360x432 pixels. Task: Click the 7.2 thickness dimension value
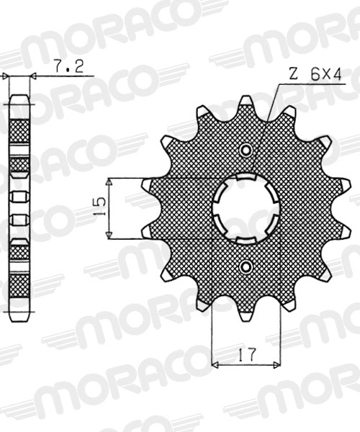(x=69, y=67)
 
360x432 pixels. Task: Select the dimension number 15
(x=100, y=208)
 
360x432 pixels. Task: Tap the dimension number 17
(x=246, y=355)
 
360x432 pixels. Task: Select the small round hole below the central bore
(x=246, y=267)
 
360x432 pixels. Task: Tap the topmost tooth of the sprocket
(x=246, y=102)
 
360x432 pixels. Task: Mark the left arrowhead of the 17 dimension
(x=215, y=365)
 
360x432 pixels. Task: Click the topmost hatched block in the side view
(x=19, y=130)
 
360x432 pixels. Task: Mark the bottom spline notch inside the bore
(x=246, y=240)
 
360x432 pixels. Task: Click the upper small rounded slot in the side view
(x=19, y=196)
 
